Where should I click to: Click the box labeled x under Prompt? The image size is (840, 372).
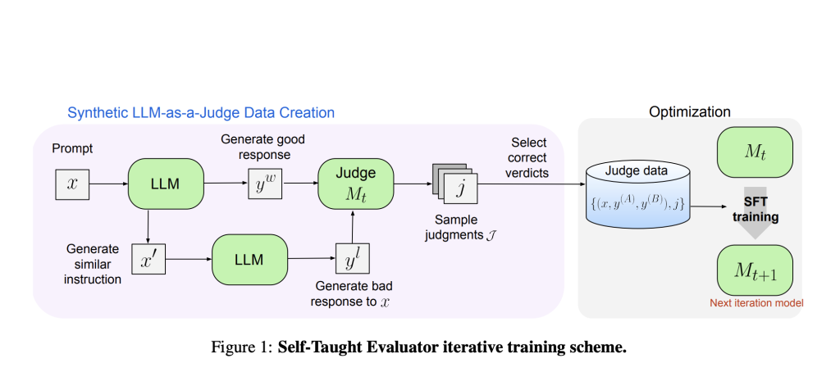(72, 184)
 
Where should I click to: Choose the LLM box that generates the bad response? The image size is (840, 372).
(249, 259)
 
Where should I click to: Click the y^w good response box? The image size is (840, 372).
(263, 184)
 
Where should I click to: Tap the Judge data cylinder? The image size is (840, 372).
(637, 193)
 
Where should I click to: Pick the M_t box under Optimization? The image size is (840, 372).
(754, 151)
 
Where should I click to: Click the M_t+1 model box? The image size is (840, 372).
(754, 269)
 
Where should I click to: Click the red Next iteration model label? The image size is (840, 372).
(756, 303)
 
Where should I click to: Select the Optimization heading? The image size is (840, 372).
(689, 111)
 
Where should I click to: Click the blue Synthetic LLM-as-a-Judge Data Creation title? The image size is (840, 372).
(200, 112)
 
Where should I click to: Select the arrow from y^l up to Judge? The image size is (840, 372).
(353, 225)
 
